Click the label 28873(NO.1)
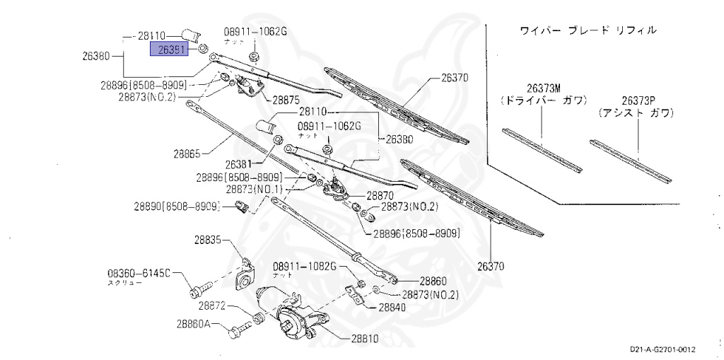(254, 189)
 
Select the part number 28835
(209, 240)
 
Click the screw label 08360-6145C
(139, 272)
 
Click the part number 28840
(392, 308)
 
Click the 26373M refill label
(543, 88)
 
